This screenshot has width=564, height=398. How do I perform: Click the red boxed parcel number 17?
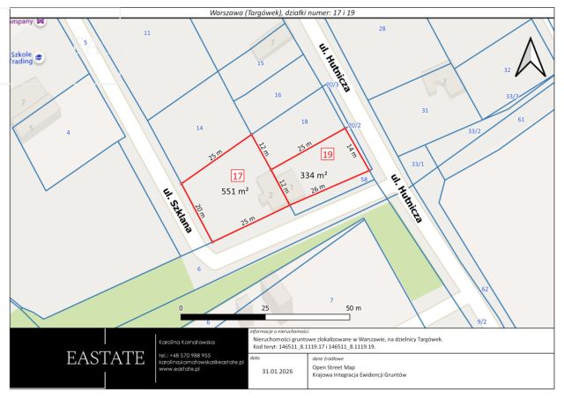pyautogui.click(x=237, y=175)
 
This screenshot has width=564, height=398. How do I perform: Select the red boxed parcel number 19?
pyautogui.click(x=328, y=154)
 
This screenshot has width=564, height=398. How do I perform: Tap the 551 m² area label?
pyautogui.click(x=234, y=191)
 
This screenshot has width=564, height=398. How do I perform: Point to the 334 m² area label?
pyautogui.click(x=314, y=174)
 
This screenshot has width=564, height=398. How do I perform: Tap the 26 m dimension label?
pyautogui.click(x=318, y=188)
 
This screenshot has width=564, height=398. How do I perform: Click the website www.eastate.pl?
pyautogui.click(x=182, y=369)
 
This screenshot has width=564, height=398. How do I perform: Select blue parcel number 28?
pyautogui.click(x=382, y=29)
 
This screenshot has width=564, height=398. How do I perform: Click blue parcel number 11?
pyautogui.click(x=147, y=33)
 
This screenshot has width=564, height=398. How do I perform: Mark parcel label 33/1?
pyautogui.click(x=418, y=164)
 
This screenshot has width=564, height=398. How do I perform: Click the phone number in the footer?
pyautogui.click(x=185, y=355)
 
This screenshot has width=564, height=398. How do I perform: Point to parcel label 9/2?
pyautogui.click(x=481, y=321)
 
